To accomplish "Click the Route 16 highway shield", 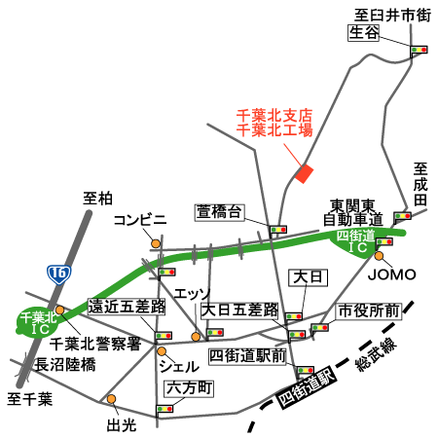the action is (x=58, y=274).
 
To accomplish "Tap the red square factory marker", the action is (x=304, y=173).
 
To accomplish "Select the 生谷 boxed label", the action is (x=364, y=33).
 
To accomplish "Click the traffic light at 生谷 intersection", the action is (x=419, y=50).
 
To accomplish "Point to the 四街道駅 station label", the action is (x=307, y=387).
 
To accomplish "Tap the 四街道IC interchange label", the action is (x=356, y=241).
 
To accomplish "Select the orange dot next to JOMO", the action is (x=379, y=256).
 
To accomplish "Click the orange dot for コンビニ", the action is (x=156, y=243).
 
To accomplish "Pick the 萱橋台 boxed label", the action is (x=220, y=212).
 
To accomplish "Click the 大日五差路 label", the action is (x=239, y=310).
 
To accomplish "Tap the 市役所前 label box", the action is (x=369, y=311).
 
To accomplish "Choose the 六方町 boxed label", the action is (x=189, y=388).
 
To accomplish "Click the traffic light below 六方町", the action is (x=164, y=409).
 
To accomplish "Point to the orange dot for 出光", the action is (x=111, y=399).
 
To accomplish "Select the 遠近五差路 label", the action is (x=127, y=307).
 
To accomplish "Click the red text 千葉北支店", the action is (x=274, y=116).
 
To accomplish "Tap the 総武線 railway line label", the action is (x=377, y=354).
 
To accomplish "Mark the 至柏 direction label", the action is (x=97, y=199).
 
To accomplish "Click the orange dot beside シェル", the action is (x=162, y=351).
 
